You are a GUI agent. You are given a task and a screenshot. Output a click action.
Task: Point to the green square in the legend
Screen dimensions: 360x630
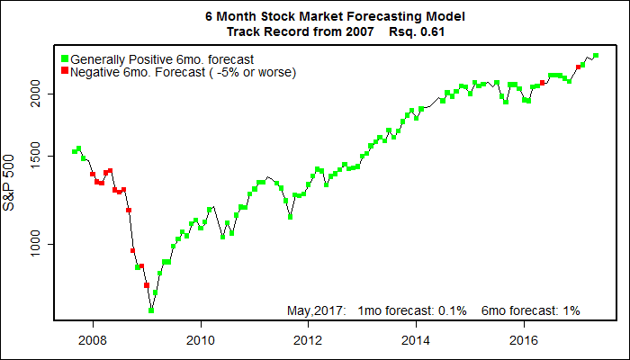(x=65, y=58)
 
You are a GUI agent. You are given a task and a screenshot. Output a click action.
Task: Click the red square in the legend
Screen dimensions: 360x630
(x=65, y=71)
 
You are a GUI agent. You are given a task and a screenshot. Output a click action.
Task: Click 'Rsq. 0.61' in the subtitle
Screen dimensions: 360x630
(x=418, y=31)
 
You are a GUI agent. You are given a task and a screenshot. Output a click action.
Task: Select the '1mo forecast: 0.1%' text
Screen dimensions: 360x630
(x=411, y=310)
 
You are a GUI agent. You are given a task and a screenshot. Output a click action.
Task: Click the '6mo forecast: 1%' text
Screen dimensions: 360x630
(x=531, y=310)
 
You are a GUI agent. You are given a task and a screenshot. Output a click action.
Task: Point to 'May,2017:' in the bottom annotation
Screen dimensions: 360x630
(x=317, y=310)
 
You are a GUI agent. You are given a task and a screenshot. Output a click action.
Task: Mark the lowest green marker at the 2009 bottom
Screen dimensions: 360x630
(x=151, y=310)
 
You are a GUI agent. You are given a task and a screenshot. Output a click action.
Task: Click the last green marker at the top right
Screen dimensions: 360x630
(x=596, y=56)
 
